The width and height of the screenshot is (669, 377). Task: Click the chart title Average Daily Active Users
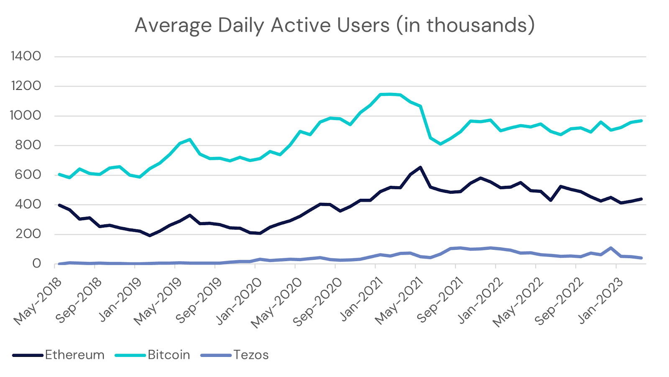click(x=334, y=25)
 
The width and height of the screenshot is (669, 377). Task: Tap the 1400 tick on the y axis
click(x=26, y=56)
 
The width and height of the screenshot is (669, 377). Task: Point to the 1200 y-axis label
click(x=26, y=86)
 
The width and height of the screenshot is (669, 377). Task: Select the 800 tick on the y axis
click(x=28, y=145)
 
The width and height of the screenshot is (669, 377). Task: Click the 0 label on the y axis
click(x=37, y=264)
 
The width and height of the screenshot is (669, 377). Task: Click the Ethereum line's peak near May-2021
click(x=420, y=167)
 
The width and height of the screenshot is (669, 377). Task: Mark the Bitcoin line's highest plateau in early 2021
click(x=390, y=94)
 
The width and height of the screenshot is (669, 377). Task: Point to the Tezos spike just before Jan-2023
click(x=611, y=248)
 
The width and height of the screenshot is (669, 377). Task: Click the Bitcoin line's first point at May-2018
click(x=59, y=174)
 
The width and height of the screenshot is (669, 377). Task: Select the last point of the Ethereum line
click(x=641, y=199)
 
